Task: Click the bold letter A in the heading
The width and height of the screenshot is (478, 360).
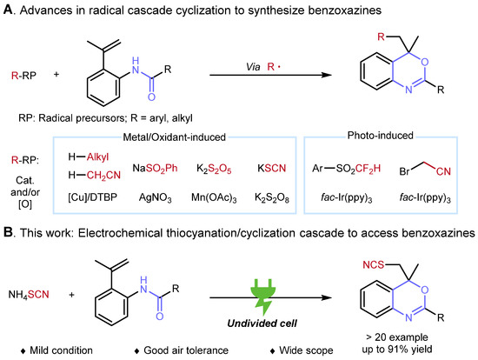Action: tap(9, 10)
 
